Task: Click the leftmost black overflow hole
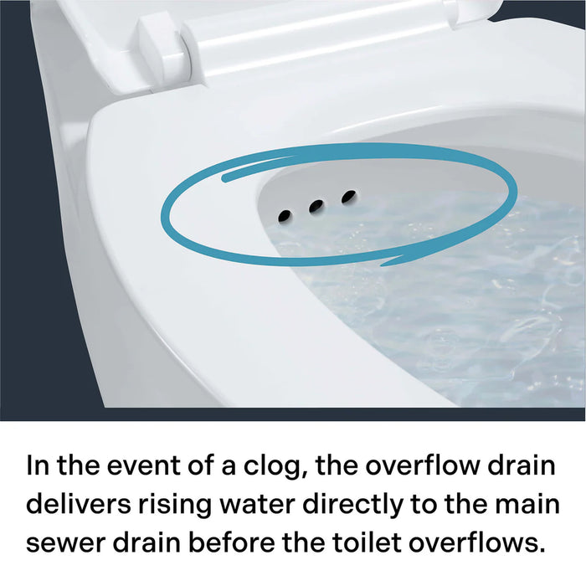point(285,216)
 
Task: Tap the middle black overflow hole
point(316,206)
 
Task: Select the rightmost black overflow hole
point(348,196)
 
